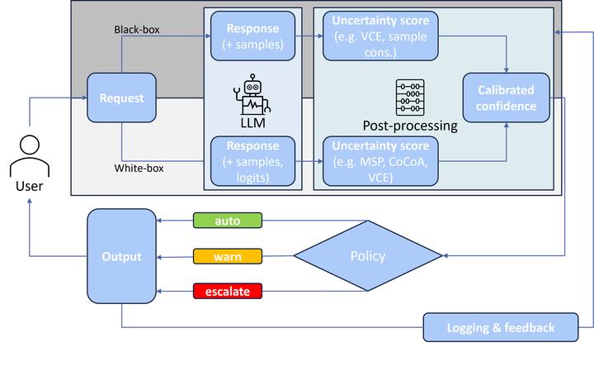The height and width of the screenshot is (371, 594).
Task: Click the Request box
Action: tap(121, 98)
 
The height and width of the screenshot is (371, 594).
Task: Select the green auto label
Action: tap(227, 221)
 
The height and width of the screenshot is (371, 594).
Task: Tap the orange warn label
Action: tap(227, 256)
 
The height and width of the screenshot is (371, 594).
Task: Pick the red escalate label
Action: tap(227, 292)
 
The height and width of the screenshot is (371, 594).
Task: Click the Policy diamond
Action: tap(367, 256)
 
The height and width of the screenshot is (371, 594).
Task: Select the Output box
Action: tap(121, 255)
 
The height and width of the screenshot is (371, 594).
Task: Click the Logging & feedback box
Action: tap(500, 328)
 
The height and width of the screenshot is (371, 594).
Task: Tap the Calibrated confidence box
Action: tap(506, 98)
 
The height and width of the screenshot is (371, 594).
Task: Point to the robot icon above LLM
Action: tap(252, 93)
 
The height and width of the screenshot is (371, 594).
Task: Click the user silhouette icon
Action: tap(28, 155)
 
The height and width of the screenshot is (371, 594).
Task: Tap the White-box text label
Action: tap(139, 169)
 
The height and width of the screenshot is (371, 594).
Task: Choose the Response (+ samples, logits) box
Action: tap(252, 159)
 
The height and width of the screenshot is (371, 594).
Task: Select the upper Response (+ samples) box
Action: tap(252, 36)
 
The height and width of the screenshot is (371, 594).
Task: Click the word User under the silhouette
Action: tap(29, 188)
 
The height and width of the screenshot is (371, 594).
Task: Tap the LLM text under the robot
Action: tap(252, 121)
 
